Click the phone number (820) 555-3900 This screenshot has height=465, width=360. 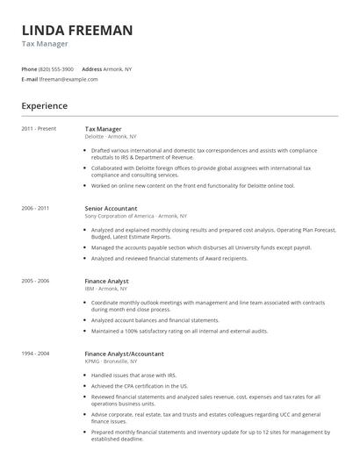56,68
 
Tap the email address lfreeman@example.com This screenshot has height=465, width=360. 68,79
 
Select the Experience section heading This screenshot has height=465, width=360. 44,106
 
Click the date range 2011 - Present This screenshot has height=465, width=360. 39,129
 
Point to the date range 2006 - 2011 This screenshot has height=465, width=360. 35,208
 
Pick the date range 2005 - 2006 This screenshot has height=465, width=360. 35,281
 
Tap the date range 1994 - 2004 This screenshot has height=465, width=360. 35,354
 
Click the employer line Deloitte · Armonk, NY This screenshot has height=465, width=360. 111,137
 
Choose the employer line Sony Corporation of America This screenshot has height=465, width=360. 135,216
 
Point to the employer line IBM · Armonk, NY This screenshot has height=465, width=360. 106,289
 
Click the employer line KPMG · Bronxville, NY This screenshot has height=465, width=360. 111,361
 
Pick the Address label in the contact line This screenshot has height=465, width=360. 92,68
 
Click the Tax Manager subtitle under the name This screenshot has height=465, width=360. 45,44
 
